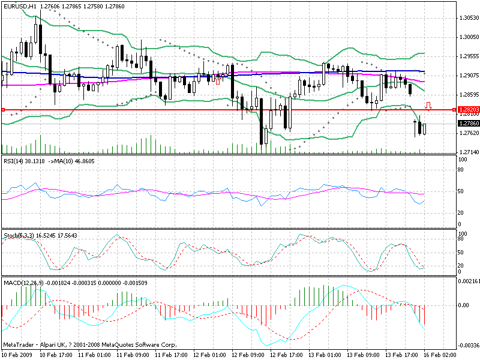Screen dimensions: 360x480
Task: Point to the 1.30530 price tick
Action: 467,17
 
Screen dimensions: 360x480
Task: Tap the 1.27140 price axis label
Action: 467,152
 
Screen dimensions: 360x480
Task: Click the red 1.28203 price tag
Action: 467,110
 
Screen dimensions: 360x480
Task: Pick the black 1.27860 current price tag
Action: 467,123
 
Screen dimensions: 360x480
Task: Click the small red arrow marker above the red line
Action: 428,106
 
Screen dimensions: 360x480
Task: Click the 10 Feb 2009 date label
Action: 18,355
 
